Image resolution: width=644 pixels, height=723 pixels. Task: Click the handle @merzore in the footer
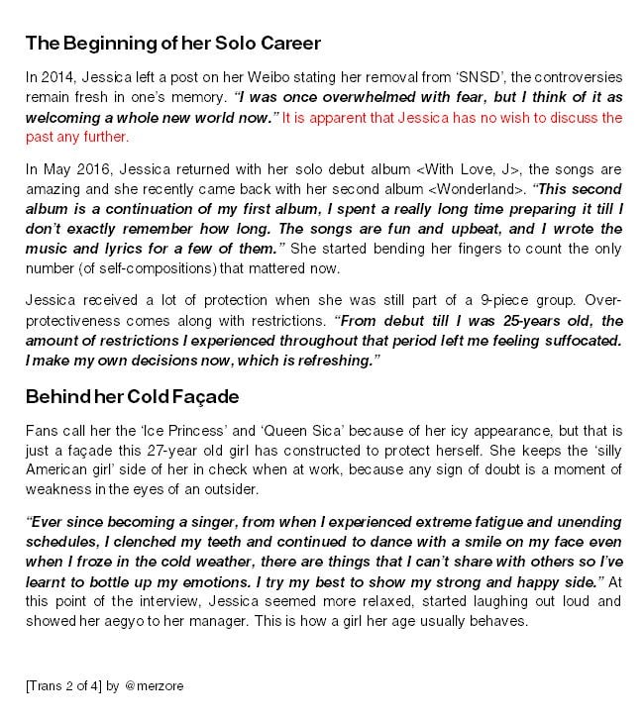(154, 685)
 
